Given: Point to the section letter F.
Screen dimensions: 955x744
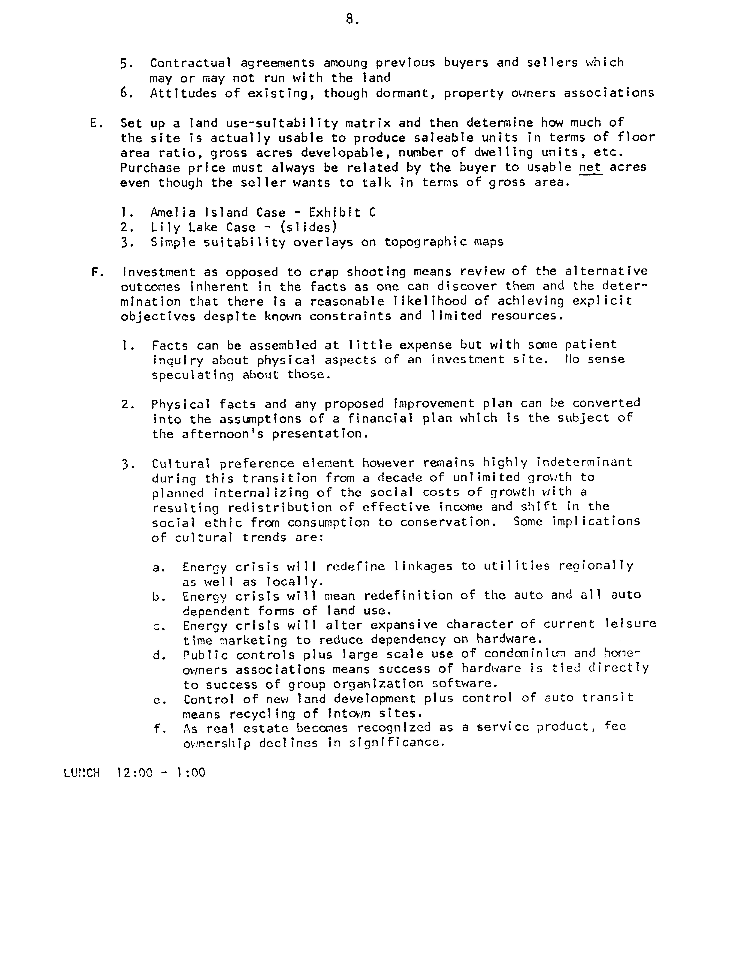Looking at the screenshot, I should (96, 272).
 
